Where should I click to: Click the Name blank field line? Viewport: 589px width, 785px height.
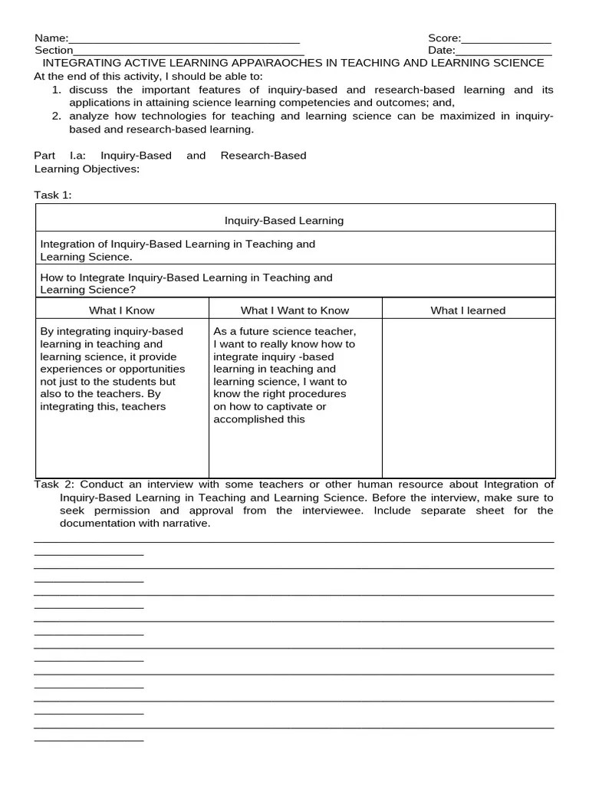(x=184, y=41)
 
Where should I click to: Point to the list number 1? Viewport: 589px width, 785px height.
(x=56, y=90)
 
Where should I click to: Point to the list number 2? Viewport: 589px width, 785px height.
(x=56, y=117)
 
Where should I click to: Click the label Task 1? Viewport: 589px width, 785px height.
(x=53, y=195)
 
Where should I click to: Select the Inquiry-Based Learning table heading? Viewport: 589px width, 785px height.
(x=284, y=221)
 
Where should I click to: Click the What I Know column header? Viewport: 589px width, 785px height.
(x=121, y=310)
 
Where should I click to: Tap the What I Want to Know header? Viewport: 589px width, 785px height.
(x=294, y=310)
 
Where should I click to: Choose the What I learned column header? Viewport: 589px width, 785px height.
(x=468, y=310)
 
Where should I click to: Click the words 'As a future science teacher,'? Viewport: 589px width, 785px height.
(x=285, y=332)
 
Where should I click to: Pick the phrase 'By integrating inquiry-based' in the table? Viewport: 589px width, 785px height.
(x=111, y=332)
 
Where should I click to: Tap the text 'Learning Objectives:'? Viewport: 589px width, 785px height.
(x=87, y=169)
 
